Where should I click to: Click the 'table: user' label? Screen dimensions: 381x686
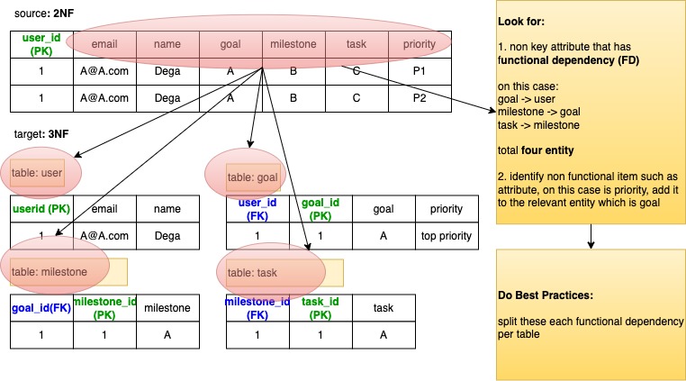coord(38,172)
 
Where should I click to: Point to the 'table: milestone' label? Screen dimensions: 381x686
coord(50,271)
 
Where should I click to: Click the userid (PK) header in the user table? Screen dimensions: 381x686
coord(41,209)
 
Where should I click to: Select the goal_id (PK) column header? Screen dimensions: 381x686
coord(320,209)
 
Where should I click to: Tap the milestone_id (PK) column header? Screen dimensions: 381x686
coord(104,308)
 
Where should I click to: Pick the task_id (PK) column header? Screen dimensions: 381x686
coord(320,308)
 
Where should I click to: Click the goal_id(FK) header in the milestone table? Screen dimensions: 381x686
coord(41,308)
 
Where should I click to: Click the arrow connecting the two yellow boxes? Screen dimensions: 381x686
coord(591,236)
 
